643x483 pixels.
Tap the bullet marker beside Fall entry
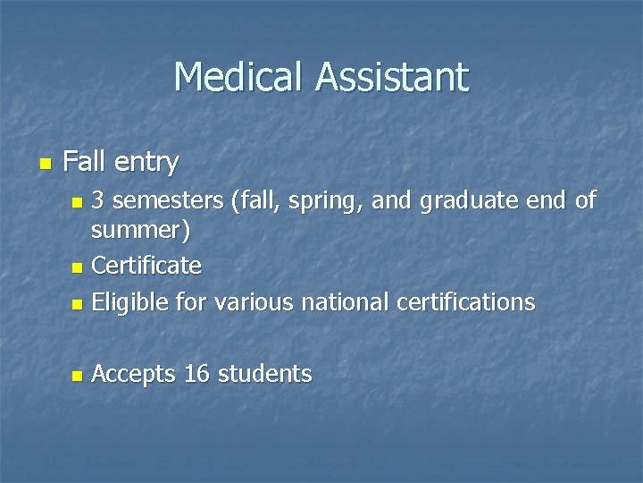click(x=45, y=164)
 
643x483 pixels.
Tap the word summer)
click(x=140, y=233)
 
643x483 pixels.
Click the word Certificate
click(x=146, y=266)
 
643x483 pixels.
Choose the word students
click(x=265, y=373)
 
